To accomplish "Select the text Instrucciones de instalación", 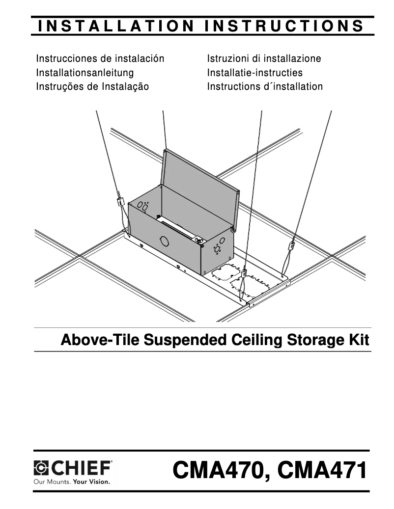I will point(100,59).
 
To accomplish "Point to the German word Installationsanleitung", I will point(85,73).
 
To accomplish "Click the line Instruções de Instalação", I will point(92,87).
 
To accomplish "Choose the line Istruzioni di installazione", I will point(264,59).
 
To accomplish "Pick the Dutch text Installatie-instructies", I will point(254,73).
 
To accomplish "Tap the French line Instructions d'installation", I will point(265,87).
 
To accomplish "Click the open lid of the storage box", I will point(201,182).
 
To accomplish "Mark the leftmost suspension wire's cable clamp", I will point(119,201).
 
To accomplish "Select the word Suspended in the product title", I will point(162,340).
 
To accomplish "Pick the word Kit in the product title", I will point(358,340).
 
